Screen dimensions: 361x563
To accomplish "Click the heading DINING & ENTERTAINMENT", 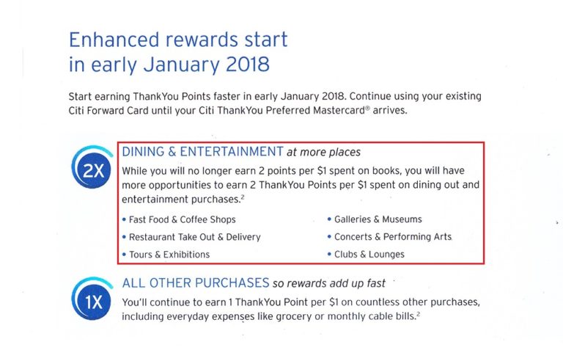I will [x=202, y=152].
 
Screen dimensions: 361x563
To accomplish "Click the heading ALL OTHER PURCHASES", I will [x=196, y=283].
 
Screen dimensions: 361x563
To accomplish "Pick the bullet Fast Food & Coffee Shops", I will [x=182, y=219].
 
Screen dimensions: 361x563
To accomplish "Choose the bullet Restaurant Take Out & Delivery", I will [x=194, y=237].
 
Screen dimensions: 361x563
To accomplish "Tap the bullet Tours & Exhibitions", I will [x=169, y=255].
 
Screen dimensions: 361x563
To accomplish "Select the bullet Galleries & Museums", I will [x=378, y=219].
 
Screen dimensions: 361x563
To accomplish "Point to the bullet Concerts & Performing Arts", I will [x=392, y=237].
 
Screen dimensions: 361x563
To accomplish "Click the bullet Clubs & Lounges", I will [x=369, y=255].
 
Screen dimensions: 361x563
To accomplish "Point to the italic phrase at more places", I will [x=323, y=152].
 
